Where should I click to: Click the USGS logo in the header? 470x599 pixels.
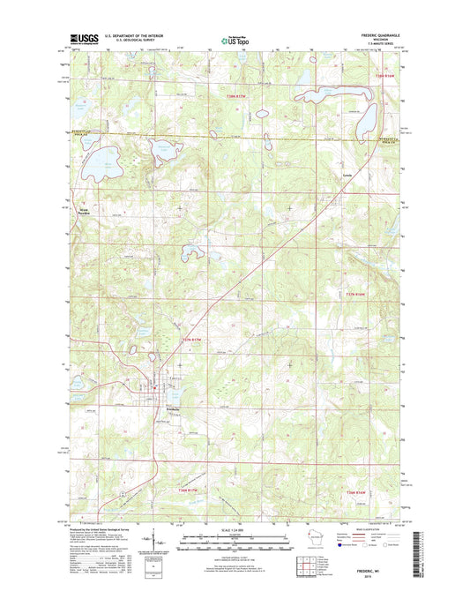[82, 39]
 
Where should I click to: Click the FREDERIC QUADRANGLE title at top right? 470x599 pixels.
[378, 37]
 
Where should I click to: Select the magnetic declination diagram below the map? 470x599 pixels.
[157, 538]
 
